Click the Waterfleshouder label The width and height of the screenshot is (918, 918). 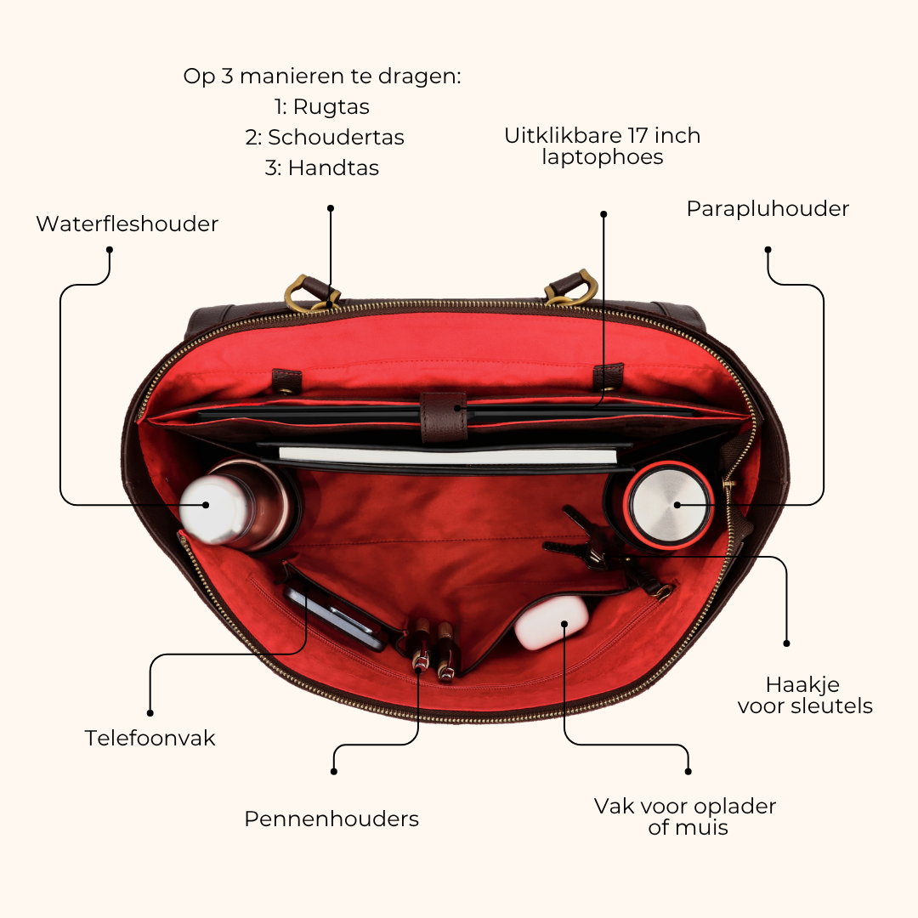[x=127, y=224]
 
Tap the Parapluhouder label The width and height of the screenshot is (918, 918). [x=768, y=209]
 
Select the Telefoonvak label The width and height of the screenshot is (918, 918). [x=150, y=738]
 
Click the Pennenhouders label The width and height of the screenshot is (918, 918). [x=331, y=819]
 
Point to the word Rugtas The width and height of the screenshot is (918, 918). [x=331, y=106]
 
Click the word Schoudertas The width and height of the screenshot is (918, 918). [x=336, y=137]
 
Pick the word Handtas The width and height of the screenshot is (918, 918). [x=334, y=167]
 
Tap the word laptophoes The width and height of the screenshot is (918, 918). [x=603, y=157]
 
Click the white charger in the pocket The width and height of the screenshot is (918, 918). [x=551, y=622]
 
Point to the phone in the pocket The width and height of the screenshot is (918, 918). [x=335, y=618]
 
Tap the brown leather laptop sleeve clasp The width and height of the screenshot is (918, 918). [x=444, y=416]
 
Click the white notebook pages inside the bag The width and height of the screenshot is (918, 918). [x=448, y=455]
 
